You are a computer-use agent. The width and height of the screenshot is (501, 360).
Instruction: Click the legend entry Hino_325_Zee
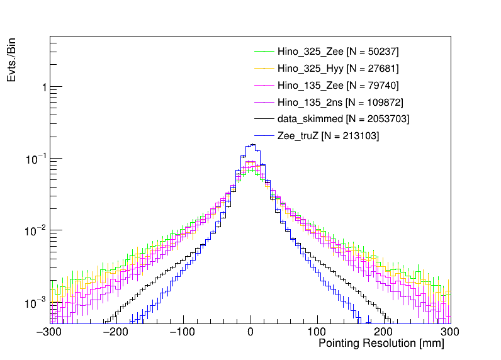[337, 51]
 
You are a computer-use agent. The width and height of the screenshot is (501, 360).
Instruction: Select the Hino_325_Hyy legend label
[337, 68]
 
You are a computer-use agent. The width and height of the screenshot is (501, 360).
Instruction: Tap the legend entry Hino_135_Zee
[337, 85]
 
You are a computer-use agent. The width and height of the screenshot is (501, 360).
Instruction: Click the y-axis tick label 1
[43, 87]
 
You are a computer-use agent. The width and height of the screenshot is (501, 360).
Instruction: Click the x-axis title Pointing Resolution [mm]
[381, 344]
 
